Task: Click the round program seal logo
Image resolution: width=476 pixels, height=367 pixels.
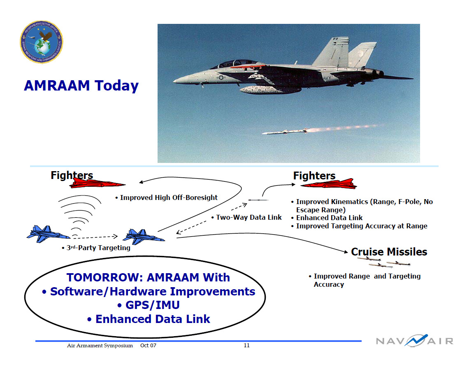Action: (42, 42)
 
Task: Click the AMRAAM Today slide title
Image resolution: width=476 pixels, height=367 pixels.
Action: (81, 86)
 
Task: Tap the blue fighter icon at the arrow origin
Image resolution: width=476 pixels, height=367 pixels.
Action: (144, 236)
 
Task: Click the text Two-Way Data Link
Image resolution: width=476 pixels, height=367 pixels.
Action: (248, 217)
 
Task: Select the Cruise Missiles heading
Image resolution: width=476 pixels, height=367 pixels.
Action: (389, 252)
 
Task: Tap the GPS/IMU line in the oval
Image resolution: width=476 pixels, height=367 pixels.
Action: (148, 305)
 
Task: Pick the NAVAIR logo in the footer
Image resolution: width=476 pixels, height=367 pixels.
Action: (414, 341)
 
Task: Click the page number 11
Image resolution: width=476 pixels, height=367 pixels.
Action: (246, 345)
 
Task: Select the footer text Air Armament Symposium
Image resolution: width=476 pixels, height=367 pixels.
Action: (100, 346)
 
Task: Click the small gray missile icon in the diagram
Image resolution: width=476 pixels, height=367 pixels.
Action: (258, 200)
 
